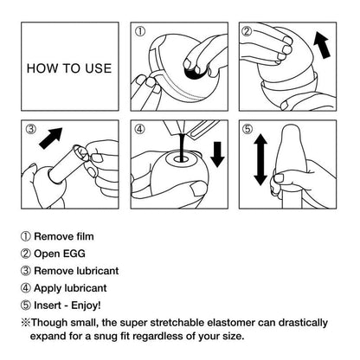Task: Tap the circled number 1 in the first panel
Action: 139,32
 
